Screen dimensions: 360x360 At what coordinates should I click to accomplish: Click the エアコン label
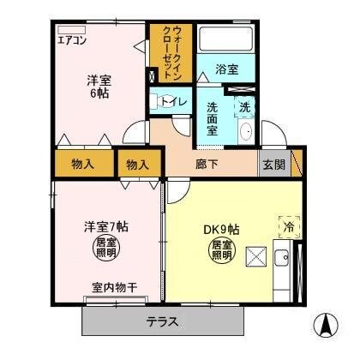(72, 39)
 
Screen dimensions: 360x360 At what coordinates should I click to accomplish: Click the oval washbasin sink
(245, 132)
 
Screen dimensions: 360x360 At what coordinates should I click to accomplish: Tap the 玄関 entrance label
(274, 165)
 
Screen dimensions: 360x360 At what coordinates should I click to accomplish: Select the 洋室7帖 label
(107, 226)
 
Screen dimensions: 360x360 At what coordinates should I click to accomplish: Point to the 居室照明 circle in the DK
(222, 250)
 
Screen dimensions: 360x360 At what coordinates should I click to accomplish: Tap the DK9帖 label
(221, 229)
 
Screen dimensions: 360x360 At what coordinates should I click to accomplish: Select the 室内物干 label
(114, 286)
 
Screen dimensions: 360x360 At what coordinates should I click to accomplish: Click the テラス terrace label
(162, 322)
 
